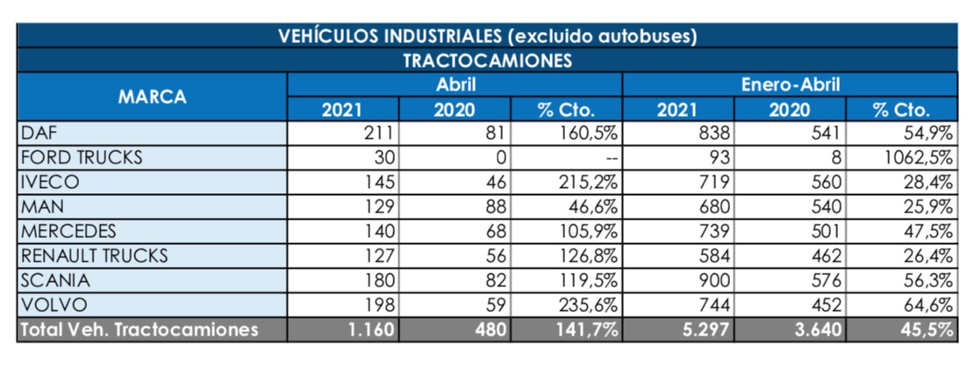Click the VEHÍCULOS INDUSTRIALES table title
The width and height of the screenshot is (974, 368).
click(x=487, y=37)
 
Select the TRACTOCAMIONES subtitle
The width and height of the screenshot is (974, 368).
click(x=487, y=61)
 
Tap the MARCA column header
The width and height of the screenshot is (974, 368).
click(x=153, y=97)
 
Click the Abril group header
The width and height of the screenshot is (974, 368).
click(x=455, y=85)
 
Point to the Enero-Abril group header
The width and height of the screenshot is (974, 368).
click(x=790, y=85)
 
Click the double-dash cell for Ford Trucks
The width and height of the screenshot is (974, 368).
click(x=611, y=158)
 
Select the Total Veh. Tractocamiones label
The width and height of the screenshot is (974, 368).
click(x=140, y=330)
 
